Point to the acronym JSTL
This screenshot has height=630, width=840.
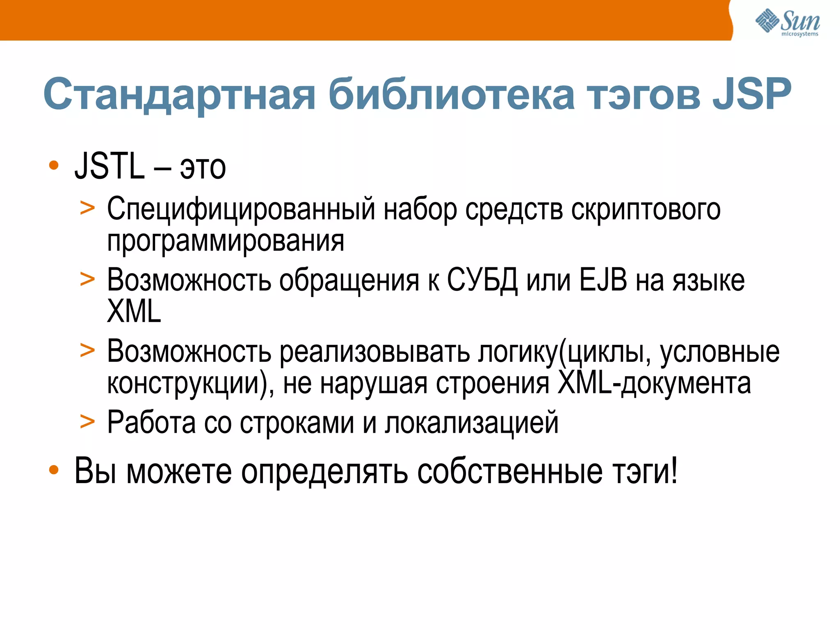coord(110,166)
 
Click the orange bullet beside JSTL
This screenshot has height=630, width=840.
coord(54,165)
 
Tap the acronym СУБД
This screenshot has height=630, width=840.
coord(482,281)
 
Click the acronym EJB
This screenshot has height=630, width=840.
coord(603,281)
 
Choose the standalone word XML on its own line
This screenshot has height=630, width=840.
coord(134,311)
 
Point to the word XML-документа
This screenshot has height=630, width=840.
coord(654,383)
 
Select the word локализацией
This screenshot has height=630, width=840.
coord(472,422)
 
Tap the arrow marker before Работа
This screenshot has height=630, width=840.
coord(87,421)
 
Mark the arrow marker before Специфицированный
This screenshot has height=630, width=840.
coord(87,208)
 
